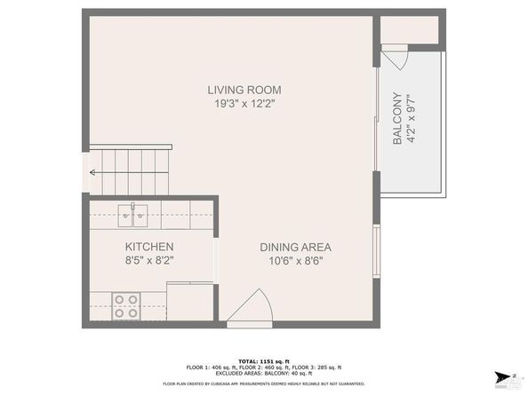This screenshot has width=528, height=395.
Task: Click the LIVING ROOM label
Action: coord(244,89)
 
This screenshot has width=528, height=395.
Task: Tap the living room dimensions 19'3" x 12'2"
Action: coord(244,103)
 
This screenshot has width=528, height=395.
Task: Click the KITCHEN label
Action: coord(148,246)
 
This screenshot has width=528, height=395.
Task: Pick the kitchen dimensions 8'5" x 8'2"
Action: coord(148,260)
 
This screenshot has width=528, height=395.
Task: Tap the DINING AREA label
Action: coord(297,246)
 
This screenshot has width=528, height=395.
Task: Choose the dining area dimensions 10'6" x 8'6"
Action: coord(297,260)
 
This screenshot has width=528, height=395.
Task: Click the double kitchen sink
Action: coord(133,213)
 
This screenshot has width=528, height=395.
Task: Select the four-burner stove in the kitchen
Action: coord(126,305)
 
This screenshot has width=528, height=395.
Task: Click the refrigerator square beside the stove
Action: coord(190,302)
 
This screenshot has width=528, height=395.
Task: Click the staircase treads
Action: coord(133,170)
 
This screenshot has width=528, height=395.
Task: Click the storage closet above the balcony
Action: coord(410,30)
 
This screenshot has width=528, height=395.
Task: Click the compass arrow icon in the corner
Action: coord(504,376)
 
